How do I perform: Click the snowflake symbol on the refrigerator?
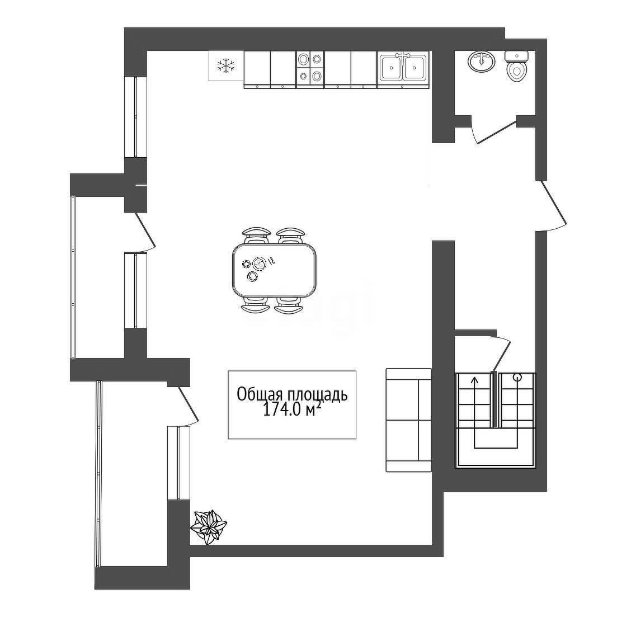[x=226, y=65]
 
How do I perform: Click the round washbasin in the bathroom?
[x=482, y=62]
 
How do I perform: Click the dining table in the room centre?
[x=274, y=270]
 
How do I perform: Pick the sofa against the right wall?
[x=409, y=420]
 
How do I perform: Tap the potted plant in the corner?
[x=209, y=526]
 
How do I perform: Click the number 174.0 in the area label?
[x=281, y=410]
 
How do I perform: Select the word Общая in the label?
[x=260, y=394]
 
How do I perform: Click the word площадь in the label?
[x=317, y=395]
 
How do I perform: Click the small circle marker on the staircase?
[x=517, y=378]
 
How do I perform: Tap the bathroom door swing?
[x=494, y=132]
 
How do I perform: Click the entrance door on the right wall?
[x=552, y=205]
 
